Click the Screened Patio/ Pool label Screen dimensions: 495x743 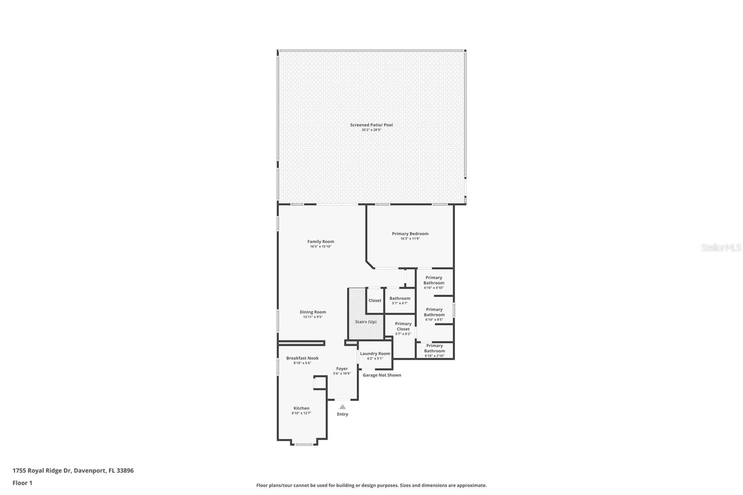pos(371,125)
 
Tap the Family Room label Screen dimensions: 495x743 pos(320,241)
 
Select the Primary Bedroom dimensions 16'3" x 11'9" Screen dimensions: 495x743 pos(410,239)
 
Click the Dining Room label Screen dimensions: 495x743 pos(313,312)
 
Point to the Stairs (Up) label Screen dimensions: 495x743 pos(365,322)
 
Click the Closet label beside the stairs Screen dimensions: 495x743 pos(375,300)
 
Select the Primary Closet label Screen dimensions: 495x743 pos(403,326)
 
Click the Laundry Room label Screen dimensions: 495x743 pos(375,353)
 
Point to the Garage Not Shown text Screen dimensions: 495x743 pos(382,375)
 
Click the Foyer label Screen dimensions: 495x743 pos(342,369)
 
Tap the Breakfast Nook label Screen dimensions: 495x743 pos(302,358)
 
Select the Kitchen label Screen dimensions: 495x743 pos(301,408)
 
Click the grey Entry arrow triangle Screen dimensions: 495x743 pos(342,407)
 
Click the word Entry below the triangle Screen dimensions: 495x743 pos(342,414)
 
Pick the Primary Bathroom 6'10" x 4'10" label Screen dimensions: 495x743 pos(434,280)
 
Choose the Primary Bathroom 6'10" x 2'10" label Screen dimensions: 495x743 pos(434,348)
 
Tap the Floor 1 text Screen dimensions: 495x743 pos(22,483)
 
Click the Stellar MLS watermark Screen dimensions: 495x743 pos(721,247)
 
